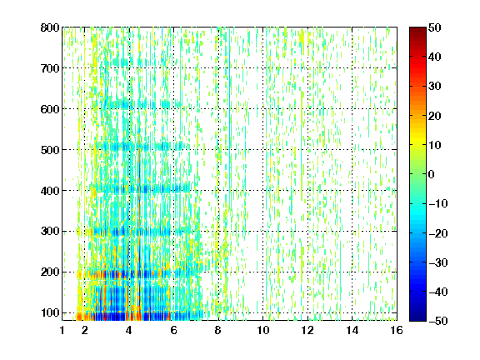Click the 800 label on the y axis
click(x=50, y=27)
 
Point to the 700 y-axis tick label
click(x=50, y=68)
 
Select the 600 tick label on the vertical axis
click(x=50, y=109)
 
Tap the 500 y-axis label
click(x=50, y=150)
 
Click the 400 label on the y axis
click(x=50, y=191)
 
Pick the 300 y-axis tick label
click(x=50, y=231)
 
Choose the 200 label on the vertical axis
click(x=50, y=272)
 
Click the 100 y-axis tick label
click(x=50, y=312)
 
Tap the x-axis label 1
click(x=62, y=330)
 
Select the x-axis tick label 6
click(x=173, y=330)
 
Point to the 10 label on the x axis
click(x=263, y=330)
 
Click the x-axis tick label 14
click(x=352, y=330)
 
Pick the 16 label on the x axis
click(x=397, y=330)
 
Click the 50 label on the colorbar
click(x=434, y=27)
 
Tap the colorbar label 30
click(x=434, y=87)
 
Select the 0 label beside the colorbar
click(x=432, y=174)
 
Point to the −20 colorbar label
click(x=438, y=233)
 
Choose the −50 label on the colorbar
click(x=438, y=321)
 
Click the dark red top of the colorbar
click(x=417, y=31)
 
